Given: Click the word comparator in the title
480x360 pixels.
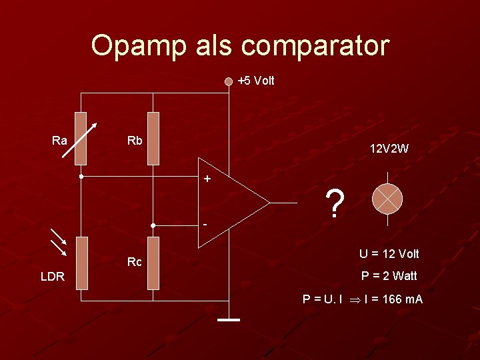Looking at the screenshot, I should (x=315, y=46).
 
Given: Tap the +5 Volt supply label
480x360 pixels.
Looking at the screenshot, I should (x=256, y=81).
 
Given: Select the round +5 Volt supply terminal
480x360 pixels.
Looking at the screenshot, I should (x=229, y=81).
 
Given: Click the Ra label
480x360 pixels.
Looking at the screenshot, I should (x=59, y=140).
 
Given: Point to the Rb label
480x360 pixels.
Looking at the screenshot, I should (x=135, y=140).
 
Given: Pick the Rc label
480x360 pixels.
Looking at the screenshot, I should (x=135, y=262).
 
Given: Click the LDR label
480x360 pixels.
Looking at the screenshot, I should (x=52, y=276).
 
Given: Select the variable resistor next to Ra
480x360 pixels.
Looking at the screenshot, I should (x=81, y=138).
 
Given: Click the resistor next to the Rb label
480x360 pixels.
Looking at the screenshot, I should (x=153, y=138).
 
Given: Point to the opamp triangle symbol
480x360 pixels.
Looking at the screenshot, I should (x=230, y=202).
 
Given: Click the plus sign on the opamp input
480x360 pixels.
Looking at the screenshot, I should (x=207, y=179).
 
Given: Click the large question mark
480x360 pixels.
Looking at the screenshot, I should (x=336, y=203).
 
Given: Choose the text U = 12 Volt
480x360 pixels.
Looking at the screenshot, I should (x=389, y=253).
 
